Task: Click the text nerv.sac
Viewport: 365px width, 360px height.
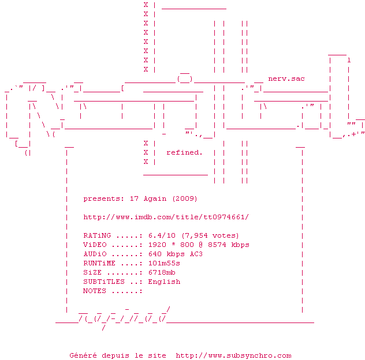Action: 286,78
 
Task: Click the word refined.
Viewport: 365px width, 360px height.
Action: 184,152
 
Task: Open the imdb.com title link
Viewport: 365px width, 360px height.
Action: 166,217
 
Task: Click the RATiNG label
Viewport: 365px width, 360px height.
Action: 97,235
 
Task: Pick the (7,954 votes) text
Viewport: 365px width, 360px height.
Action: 210,235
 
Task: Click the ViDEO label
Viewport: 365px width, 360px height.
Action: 95,245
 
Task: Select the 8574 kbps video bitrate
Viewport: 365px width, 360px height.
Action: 228,245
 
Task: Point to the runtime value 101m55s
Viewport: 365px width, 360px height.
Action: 163,263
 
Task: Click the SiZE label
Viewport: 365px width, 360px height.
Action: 92,272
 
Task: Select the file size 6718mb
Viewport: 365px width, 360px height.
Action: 161,272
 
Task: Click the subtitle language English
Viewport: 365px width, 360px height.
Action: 163,282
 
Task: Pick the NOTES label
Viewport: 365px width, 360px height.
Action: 95,291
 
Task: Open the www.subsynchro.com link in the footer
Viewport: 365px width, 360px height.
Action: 233,355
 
